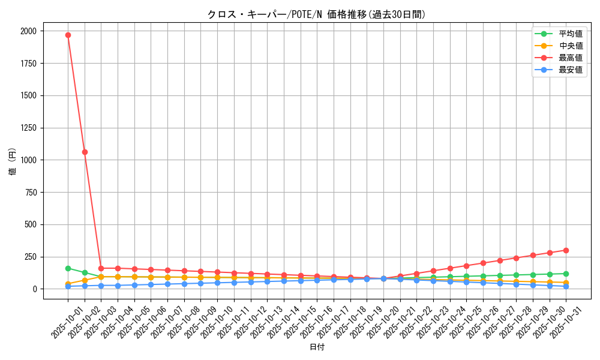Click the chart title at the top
(316, 14)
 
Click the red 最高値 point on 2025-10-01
(68, 35)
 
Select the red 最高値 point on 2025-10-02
(85, 152)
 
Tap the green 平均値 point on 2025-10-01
(68, 268)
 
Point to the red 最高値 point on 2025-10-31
(566, 250)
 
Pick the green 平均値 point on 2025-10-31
(566, 274)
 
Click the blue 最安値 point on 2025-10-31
(566, 286)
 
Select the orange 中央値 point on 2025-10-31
(566, 283)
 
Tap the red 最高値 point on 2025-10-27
(499, 260)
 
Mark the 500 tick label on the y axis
(30, 224)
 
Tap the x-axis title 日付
(317, 347)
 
